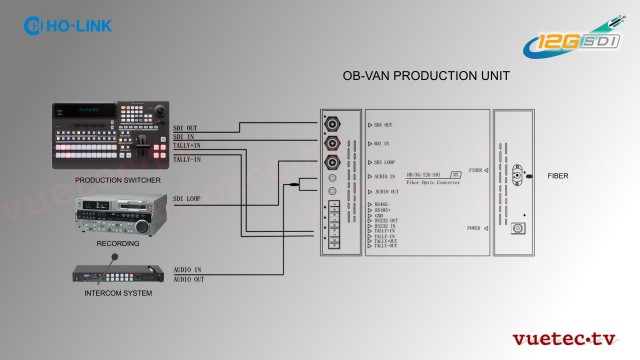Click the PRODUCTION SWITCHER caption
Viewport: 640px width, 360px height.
pyautogui.click(x=112, y=179)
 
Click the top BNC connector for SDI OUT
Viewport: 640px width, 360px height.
pyautogui.click(x=331, y=124)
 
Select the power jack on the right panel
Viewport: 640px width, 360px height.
pyautogui.click(x=518, y=228)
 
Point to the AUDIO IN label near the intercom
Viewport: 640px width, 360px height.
pyautogui.click(x=188, y=270)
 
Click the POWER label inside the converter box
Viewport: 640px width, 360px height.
pyautogui.click(x=475, y=228)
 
